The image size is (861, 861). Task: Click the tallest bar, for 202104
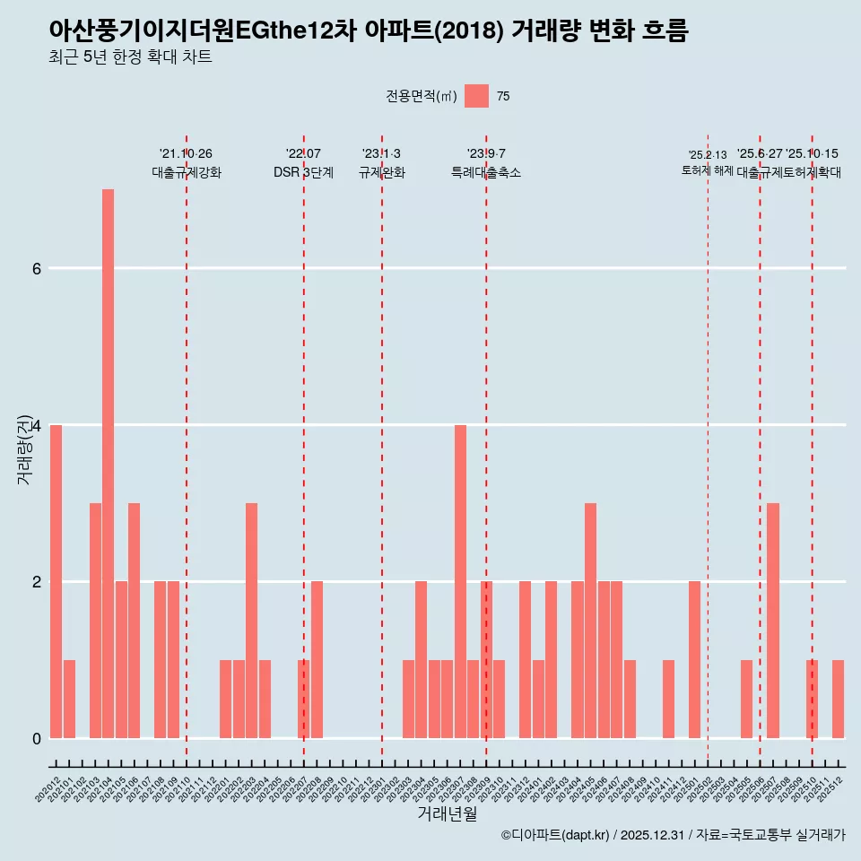108,464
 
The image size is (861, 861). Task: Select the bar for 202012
56,581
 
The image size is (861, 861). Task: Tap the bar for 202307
460,581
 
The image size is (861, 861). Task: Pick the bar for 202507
773,621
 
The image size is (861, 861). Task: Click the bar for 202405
590,621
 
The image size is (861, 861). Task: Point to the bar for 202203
251,621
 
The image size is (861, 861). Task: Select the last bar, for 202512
838,699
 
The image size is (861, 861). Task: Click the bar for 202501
694,659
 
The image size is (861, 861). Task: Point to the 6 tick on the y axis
36,268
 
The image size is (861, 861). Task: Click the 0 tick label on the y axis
36,738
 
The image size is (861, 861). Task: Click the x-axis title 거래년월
447,813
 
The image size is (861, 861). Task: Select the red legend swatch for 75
476,96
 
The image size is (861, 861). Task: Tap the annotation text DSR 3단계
303,172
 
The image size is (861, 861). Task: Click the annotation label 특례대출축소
485,172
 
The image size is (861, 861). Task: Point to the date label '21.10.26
186,153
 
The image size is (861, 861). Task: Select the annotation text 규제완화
381,172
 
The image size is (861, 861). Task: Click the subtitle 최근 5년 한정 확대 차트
131,58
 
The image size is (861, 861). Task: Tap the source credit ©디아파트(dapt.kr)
554,835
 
